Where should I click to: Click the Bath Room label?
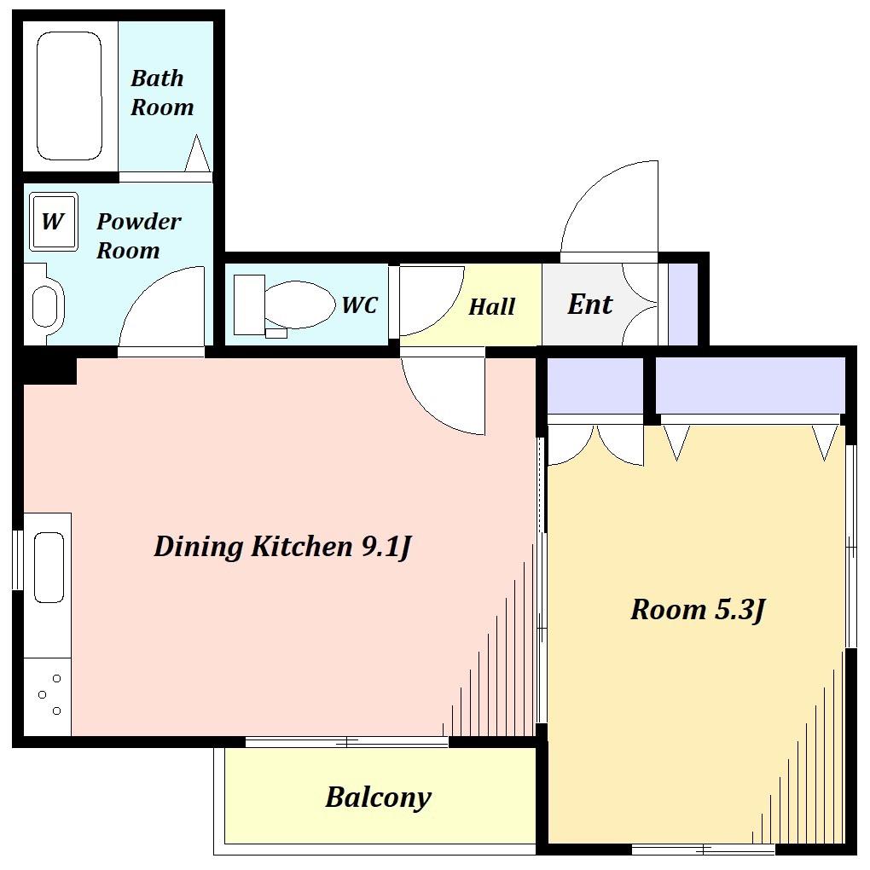162,93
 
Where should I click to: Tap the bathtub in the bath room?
69,96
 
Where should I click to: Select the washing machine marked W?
53,222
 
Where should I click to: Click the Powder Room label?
139,235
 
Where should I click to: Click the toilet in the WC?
284,305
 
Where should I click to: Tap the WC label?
360,304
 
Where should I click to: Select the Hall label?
491,307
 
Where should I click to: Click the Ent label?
589,304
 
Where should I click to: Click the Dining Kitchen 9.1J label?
282,547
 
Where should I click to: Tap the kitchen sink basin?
49,567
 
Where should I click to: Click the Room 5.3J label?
698,610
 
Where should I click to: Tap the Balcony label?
378,797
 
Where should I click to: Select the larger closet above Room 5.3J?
750,385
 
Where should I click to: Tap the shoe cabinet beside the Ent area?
682,304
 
